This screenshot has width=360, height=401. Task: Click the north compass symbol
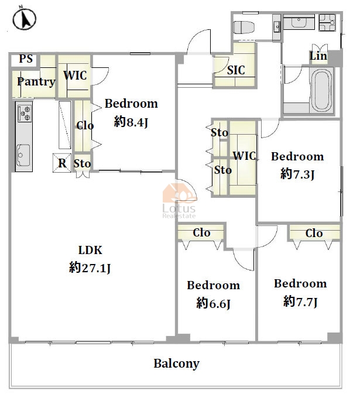[x=24, y=18]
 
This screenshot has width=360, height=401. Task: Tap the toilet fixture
[x=244, y=27]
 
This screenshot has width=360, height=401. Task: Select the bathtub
[x=321, y=91]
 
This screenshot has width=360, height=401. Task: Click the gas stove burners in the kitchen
[x=25, y=113]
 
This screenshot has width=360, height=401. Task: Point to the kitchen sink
[x=23, y=155]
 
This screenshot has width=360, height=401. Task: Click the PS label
[x=26, y=59]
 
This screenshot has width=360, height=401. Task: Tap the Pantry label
[x=36, y=82]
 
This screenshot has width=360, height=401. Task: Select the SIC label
[x=236, y=70]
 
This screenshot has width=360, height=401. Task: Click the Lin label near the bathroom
[x=318, y=56]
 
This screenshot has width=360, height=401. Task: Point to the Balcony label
[x=176, y=364]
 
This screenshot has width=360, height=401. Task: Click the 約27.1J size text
[x=90, y=268]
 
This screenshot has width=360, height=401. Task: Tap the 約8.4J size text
[x=131, y=122]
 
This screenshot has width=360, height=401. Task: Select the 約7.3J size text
[x=297, y=174]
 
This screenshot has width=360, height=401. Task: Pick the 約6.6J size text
[x=214, y=304]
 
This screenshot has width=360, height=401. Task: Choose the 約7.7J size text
[x=300, y=301]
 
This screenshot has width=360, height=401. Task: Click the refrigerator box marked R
[x=62, y=163]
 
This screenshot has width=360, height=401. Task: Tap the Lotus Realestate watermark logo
[x=180, y=201]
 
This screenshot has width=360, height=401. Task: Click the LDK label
[x=90, y=250]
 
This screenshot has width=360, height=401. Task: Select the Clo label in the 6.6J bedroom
[x=201, y=233]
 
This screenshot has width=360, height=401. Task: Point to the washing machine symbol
[x=327, y=22]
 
